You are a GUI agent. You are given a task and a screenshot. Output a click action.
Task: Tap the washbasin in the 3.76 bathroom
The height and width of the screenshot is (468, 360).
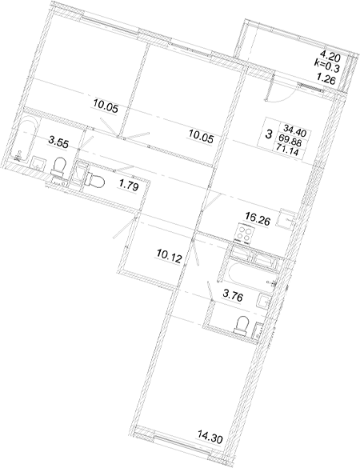pos(265,302)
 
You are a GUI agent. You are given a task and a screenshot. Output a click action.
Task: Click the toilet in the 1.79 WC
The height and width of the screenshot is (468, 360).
pos(94,180)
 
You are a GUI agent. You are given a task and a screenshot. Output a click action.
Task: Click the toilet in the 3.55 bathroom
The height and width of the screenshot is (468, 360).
pos(58,166)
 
